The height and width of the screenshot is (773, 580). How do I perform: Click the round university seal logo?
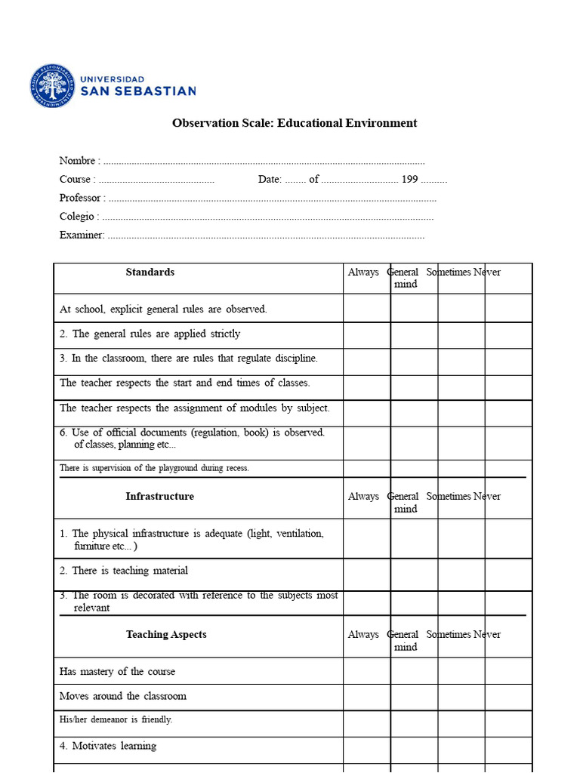coord(53,85)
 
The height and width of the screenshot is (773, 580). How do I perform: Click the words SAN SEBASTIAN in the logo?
coord(138,91)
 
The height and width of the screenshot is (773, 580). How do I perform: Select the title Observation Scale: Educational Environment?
coord(295,123)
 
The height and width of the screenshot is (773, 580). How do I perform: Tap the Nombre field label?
coord(78,161)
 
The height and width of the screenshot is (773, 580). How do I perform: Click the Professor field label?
coord(81,198)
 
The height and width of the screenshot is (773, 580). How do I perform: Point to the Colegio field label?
coord(77,217)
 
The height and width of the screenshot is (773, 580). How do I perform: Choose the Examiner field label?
coord(81,235)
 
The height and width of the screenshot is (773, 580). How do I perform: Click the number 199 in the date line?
coord(409,180)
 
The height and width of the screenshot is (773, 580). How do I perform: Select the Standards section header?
coord(150,273)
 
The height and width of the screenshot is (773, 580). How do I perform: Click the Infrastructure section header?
coord(159,497)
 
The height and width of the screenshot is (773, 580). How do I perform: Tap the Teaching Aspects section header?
coord(166,635)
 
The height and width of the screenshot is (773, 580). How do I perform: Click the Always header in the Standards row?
coord(363,273)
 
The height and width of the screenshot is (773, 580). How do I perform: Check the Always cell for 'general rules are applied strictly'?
coord(366,335)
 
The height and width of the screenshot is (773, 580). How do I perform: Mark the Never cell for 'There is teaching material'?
coord(507,574)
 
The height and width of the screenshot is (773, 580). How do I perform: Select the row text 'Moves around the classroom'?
coord(123,696)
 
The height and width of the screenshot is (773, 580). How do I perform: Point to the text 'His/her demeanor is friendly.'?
coord(116,720)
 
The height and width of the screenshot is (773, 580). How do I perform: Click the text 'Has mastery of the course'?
coord(117,672)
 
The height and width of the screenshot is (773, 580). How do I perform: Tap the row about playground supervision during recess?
coord(154,468)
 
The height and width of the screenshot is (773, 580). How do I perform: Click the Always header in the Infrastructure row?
coord(363,497)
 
